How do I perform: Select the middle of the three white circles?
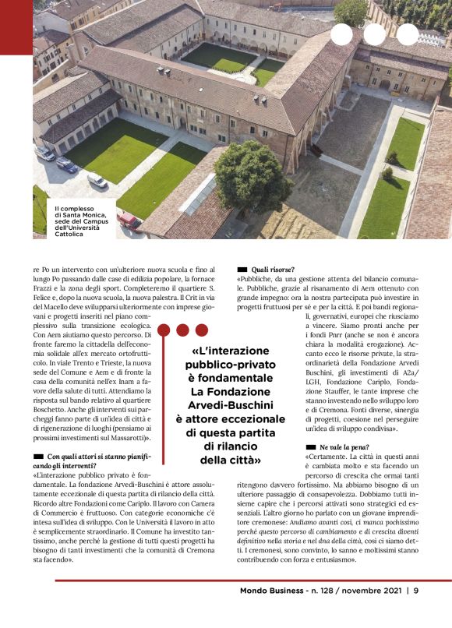pyautogui.click(x=374, y=34)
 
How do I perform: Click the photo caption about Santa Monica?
pyautogui.click(x=76, y=221)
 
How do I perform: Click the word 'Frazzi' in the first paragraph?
pyautogui.click(x=48, y=298)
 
